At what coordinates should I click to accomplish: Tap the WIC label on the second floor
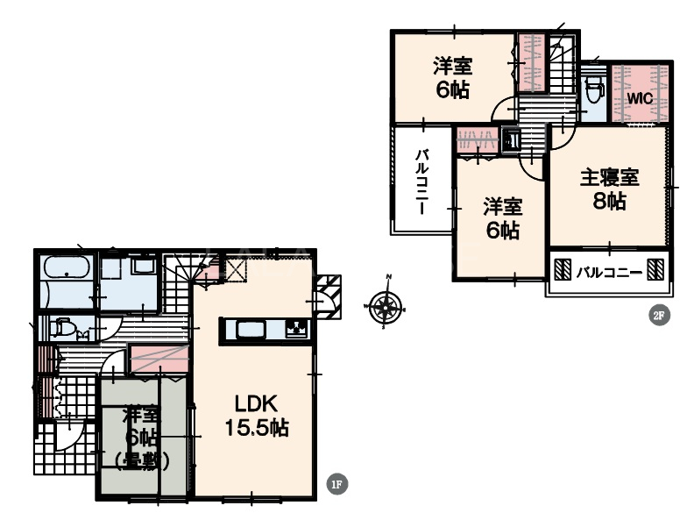[640, 98]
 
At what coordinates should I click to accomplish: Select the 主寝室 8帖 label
[610, 189]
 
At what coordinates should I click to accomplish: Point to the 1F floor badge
[337, 484]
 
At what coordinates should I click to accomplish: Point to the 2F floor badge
[659, 316]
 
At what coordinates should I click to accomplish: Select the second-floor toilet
[594, 89]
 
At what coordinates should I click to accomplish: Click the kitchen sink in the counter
[251, 329]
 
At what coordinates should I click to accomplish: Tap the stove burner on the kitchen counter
[297, 328]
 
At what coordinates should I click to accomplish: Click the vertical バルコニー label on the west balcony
[422, 182]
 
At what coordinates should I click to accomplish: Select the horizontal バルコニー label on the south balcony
[609, 273]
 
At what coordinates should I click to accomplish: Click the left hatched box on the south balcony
[563, 268]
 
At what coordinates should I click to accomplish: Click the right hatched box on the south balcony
[655, 268]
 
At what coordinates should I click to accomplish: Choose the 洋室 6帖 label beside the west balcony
[503, 218]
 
